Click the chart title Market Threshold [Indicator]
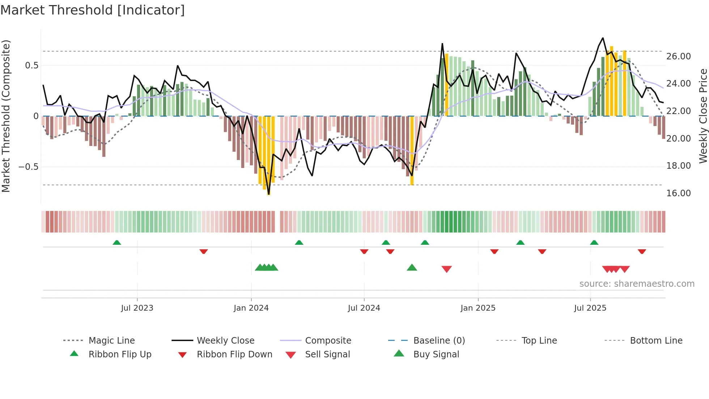93,10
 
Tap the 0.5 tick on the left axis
31,66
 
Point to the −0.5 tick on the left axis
29,167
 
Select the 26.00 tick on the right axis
678,56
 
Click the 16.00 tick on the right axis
678,193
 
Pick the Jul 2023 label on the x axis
137,308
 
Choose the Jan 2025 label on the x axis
478,308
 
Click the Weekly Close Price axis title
703,116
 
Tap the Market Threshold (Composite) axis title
6,116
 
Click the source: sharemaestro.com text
637,284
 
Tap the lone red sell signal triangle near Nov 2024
447,269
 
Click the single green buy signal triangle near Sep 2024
412,268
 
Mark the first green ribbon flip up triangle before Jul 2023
117,243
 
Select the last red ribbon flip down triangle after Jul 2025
642,251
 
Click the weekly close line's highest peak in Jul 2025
603,38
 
